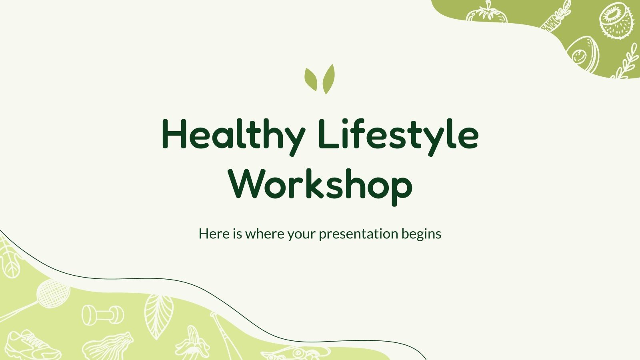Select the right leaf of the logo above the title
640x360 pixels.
pos(328,79)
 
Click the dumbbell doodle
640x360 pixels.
pos(103,315)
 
